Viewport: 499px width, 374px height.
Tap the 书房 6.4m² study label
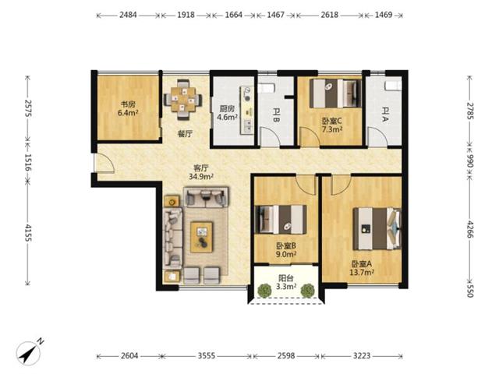pyautogui.click(x=128, y=108)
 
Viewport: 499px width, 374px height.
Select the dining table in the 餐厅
pyautogui.click(x=182, y=99)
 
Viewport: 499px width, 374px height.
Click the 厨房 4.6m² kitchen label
pyautogui.click(x=227, y=113)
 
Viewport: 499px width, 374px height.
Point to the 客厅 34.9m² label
pyautogui.click(x=201, y=172)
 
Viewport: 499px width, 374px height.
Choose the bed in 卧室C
pyautogui.click(x=335, y=93)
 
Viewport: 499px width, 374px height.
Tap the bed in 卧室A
pyautogui.click(x=377, y=228)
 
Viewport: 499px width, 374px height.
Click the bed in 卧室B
pyautogui.click(x=281, y=220)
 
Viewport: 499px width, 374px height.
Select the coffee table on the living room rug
pyautogui.click(x=201, y=237)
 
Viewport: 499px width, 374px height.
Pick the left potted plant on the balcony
pyautogui.click(x=264, y=291)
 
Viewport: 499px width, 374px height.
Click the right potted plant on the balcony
pyautogui.click(x=308, y=291)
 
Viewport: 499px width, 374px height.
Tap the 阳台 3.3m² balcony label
pyautogui.click(x=286, y=282)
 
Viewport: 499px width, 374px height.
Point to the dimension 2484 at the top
pyautogui.click(x=128, y=15)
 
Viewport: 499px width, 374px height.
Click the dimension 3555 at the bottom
pyautogui.click(x=207, y=355)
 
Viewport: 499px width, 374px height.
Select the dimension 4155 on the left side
pyautogui.click(x=28, y=232)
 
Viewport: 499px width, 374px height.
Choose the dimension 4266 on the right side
pyautogui.click(x=470, y=229)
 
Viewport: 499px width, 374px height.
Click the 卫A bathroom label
pyautogui.click(x=385, y=115)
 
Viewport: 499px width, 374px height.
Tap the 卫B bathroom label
pyautogui.click(x=276, y=115)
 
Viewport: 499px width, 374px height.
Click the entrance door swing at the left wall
pyautogui.click(x=105, y=163)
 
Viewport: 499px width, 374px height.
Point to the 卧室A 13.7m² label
pyautogui.click(x=362, y=268)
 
